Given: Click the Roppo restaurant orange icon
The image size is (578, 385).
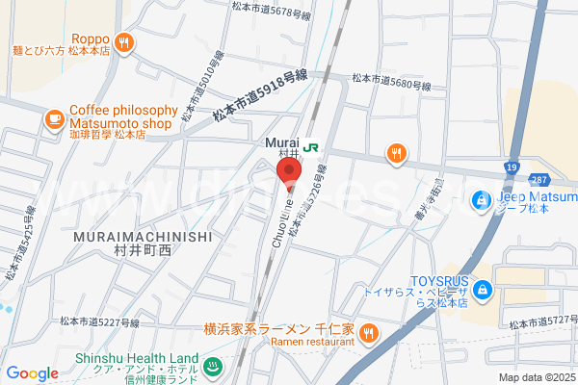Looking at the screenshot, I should click(x=124, y=41).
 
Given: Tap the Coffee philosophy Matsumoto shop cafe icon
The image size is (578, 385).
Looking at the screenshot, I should click(x=54, y=118).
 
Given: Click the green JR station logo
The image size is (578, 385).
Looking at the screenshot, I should click(x=311, y=147).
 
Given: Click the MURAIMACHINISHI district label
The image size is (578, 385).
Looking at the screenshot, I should click(x=142, y=235).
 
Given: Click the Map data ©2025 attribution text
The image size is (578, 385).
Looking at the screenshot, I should click(x=536, y=377).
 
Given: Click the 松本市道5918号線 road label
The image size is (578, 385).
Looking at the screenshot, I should click(x=261, y=95).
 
